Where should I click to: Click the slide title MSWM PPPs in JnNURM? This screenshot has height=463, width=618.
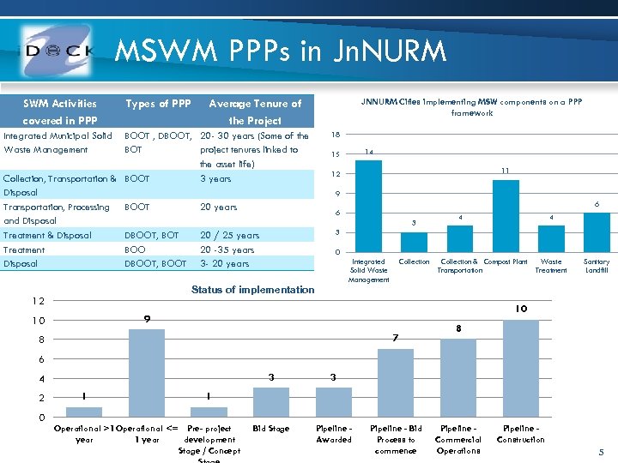click(x=281, y=51)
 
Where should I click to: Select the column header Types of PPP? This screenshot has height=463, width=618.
click(x=158, y=104)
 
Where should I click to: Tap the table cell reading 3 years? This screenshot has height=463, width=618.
click(x=215, y=178)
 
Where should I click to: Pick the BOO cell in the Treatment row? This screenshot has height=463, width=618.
click(x=136, y=250)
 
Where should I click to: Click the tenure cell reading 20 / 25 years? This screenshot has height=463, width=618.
click(x=229, y=235)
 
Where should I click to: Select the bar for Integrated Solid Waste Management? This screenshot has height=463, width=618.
click(x=368, y=205)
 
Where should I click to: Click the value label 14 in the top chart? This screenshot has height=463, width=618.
click(x=368, y=152)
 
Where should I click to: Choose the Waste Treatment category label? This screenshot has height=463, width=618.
click(x=551, y=266)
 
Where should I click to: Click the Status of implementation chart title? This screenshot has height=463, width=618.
click(x=253, y=290)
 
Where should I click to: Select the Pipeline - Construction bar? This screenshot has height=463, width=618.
click(x=521, y=368)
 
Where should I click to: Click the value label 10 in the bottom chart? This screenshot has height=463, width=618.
click(x=521, y=309)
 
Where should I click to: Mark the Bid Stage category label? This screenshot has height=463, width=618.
click(x=271, y=428)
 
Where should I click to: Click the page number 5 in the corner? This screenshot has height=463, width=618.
click(x=601, y=451)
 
